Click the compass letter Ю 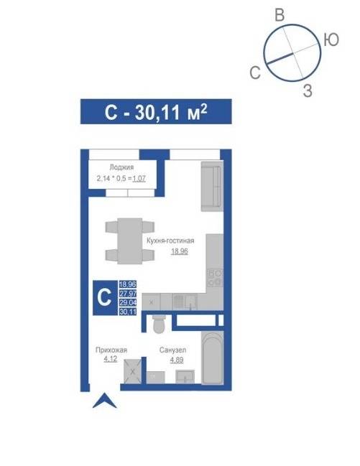[x=331, y=39]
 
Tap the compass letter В [x=280, y=15]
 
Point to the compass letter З [x=308, y=90]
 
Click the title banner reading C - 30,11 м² [x=156, y=111]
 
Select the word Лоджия [x=121, y=167]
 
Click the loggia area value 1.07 [x=139, y=179]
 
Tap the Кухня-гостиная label [x=170, y=241]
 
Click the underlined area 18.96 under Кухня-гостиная [x=180, y=251]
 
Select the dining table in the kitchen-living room [x=130, y=241]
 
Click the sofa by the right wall [x=212, y=187]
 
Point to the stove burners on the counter [x=215, y=278]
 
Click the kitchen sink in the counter [x=185, y=302]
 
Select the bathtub [x=212, y=358]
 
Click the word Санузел [x=173, y=350]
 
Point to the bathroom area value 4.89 [x=177, y=360]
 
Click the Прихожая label [x=111, y=350]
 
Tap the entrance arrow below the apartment [x=105, y=401]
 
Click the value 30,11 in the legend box [x=128, y=312]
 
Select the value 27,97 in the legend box [x=128, y=294]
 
